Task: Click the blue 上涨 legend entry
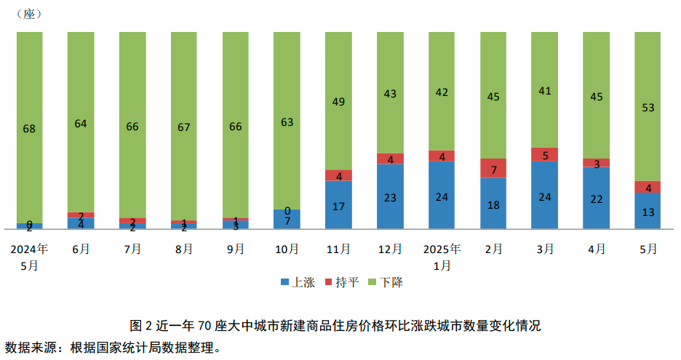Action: [296, 283]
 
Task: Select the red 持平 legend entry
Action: [340, 283]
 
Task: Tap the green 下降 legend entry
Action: [385, 283]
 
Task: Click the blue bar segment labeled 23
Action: [390, 196]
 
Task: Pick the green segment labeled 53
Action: [648, 107]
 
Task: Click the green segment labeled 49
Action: [338, 101]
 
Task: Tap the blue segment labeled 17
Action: [338, 205]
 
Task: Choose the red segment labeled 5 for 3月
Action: [545, 154]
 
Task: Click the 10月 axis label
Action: [287, 249]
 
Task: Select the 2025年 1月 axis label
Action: [442, 257]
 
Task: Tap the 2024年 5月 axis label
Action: [29, 257]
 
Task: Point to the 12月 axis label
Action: [390, 249]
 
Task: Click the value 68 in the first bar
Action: [29, 129]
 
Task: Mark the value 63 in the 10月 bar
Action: [287, 121]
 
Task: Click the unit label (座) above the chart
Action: [28, 14]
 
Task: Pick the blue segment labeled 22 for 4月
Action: [597, 199]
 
